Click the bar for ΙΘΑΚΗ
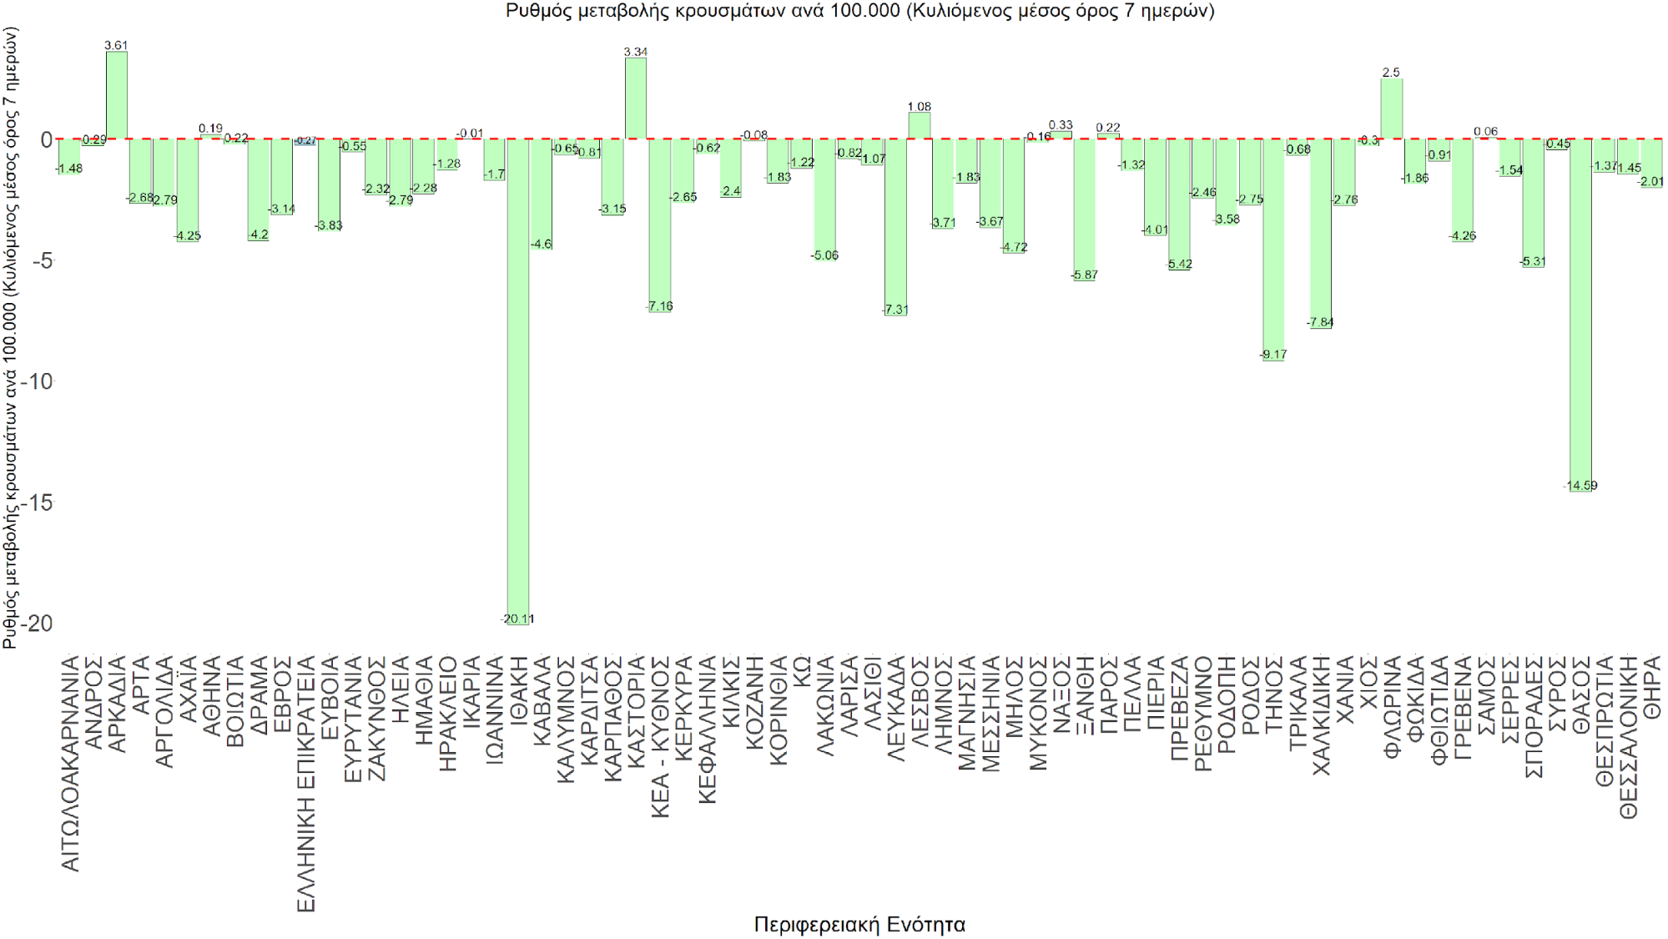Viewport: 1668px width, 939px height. [518, 376]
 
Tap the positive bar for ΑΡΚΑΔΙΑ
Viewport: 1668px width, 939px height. [116, 95]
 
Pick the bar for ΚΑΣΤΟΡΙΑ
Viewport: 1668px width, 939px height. [636, 98]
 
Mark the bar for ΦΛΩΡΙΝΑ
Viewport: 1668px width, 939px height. [1391, 109]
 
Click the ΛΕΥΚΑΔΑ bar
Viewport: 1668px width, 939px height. [895, 226]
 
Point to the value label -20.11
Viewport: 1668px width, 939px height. [518, 619]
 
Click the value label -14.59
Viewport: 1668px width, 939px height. [1580, 486]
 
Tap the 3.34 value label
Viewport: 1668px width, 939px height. [636, 52]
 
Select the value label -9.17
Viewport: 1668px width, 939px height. [1273, 355]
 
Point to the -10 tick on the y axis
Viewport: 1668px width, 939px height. [38, 381]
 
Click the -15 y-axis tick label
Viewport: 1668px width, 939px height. [38, 502]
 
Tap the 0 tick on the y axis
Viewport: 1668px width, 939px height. [46, 139]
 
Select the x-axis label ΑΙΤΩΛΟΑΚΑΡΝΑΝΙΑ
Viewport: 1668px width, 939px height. [70, 763]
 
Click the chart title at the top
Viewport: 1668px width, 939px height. [859, 11]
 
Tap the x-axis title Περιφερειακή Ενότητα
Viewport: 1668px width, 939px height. [859, 924]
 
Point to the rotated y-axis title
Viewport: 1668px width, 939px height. [10, 338]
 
